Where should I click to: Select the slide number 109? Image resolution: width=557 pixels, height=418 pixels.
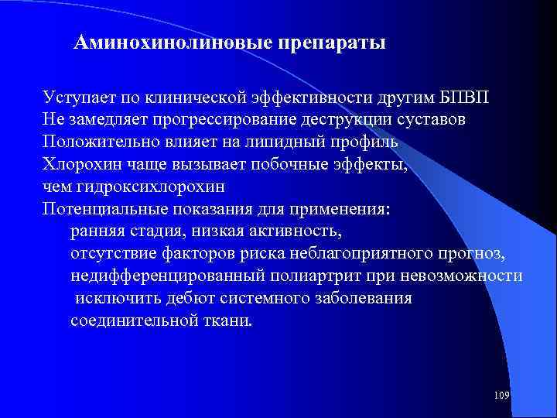(x=501, y=396)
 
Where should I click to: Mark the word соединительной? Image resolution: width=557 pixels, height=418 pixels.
(x=127, y=320)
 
